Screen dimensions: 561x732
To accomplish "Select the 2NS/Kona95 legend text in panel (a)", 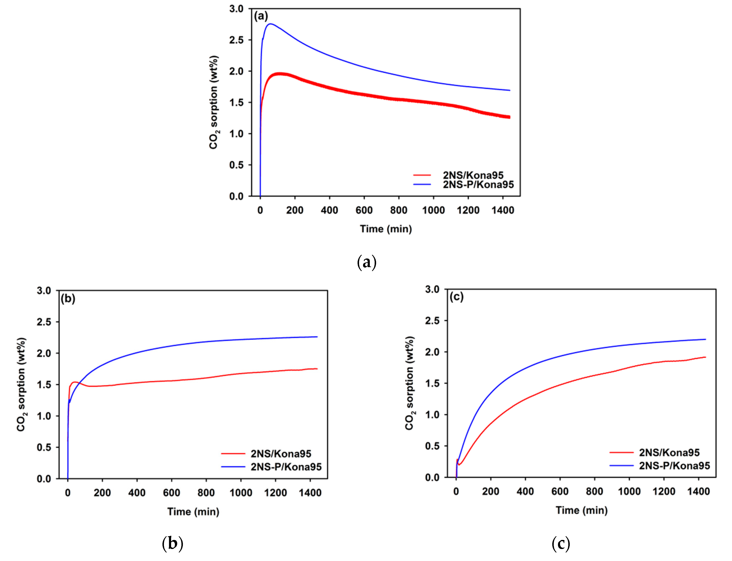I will click(x=473, y=175).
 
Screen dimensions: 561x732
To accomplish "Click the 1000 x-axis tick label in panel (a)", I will click(x=433, y=210).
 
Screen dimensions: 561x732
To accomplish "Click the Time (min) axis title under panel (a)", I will click(x=386, y=229).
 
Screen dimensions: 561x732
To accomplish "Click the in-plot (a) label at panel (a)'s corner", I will click(x=261, y=16).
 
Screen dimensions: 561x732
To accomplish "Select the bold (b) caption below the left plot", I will click(x=172, y=544).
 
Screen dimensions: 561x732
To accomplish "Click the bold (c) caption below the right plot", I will click(x=561, y=544).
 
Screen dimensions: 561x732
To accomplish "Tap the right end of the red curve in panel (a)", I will click(x=509, y=117).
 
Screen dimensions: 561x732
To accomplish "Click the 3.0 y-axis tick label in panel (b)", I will click(x=44, y=291).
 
